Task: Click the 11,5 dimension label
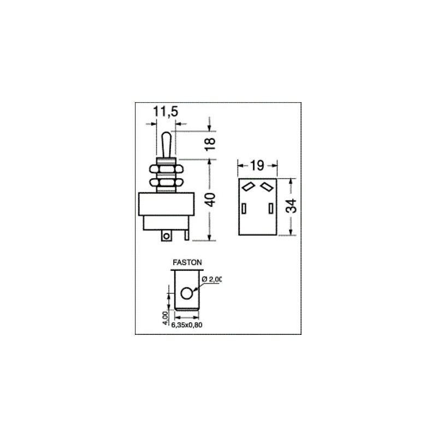(166, 111)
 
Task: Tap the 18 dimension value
(211, 144)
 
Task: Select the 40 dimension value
(211, 199)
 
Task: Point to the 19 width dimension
(257, 166)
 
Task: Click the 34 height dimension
(292, 206)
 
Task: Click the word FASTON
(187, 263)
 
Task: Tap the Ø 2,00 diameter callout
(211, 279)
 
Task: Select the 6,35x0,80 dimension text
(187, 325)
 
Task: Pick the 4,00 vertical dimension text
(166, 318)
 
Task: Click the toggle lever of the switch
(166, 145)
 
